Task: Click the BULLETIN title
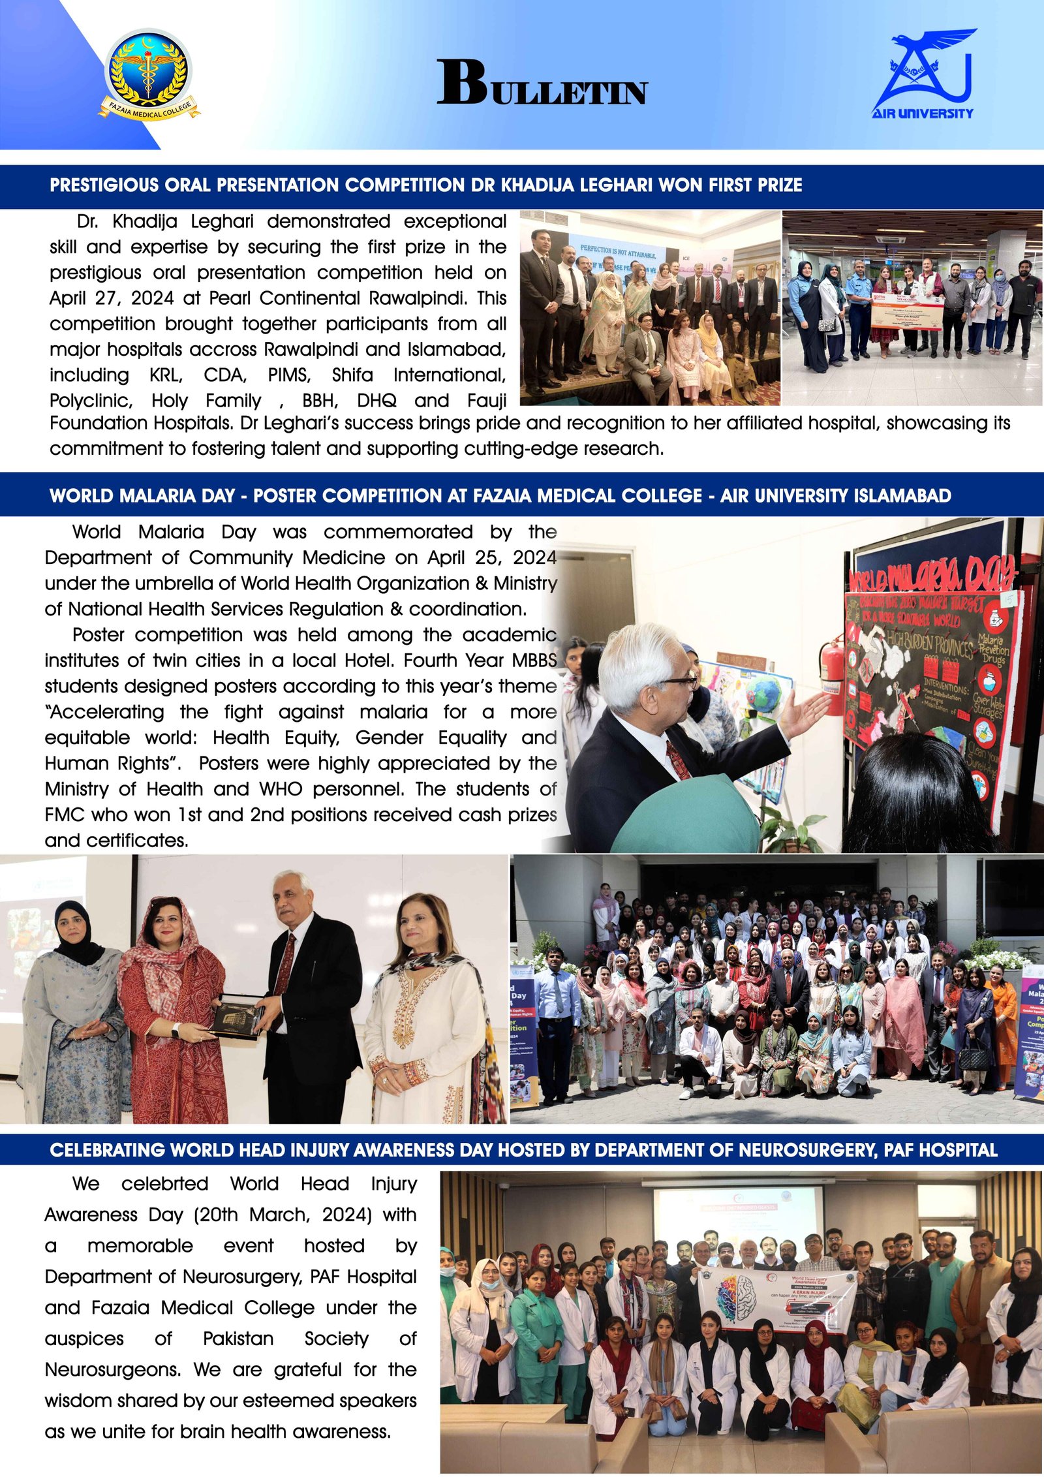point(542,84)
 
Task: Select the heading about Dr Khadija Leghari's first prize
point(425,185)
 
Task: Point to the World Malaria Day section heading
point(500,495)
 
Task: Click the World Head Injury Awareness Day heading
point(523,1149)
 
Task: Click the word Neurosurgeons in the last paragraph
point(111,1369)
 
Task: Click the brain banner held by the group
point(776,1302)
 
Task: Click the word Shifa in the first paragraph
point(352,375)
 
